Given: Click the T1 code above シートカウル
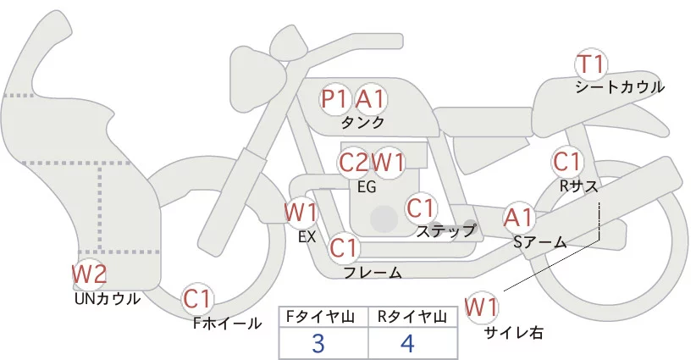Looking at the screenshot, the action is [x=591, y=64].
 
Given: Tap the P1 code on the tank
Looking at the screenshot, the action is [x=334, y=99].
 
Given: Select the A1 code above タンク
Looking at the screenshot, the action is [x=370, y=99].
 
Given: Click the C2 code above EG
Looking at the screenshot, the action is [x=353, y=161].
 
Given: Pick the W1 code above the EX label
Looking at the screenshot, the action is [x=301, y=211].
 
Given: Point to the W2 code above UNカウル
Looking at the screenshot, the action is [x=89, y=274].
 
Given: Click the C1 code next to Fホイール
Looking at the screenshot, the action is [x=200, y=298].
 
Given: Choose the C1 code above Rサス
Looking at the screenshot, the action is [x=566, y=161].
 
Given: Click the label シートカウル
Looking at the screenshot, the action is [x=620, y=87].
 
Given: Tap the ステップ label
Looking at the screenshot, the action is [x=446, y=230].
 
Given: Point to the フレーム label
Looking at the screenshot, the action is [x=373, y=272].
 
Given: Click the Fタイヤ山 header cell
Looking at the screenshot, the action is [x=325, y=317].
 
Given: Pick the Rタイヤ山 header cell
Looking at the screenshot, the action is [x=414, y=317].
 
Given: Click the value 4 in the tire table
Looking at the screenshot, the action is [x=408, y=344].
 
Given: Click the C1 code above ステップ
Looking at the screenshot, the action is [x=421, y=208].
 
